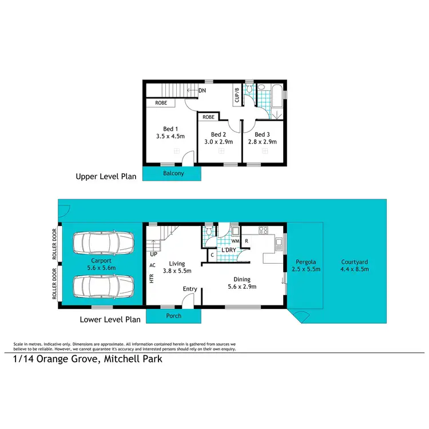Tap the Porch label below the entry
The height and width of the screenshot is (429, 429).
point(173,316)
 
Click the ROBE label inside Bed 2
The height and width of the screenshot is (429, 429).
point(209,117)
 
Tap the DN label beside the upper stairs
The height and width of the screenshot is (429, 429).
point(202,90)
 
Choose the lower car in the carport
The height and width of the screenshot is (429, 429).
point(102,284)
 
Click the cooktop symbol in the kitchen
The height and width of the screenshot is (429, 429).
point(264,231)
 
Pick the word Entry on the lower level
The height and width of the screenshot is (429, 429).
point(190,289)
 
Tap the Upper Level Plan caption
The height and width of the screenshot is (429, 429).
point(106,177)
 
